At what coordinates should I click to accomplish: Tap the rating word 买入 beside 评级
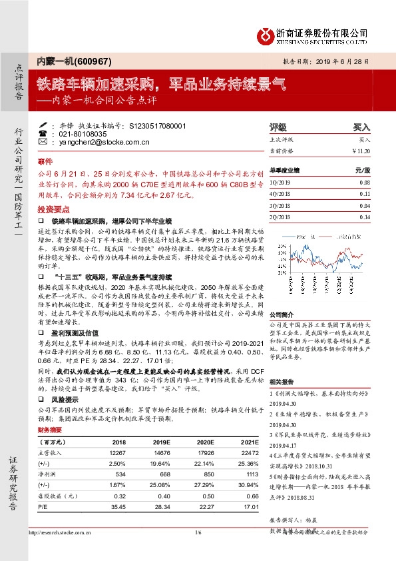click(361, 126)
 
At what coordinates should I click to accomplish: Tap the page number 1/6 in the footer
click(198, 550)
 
